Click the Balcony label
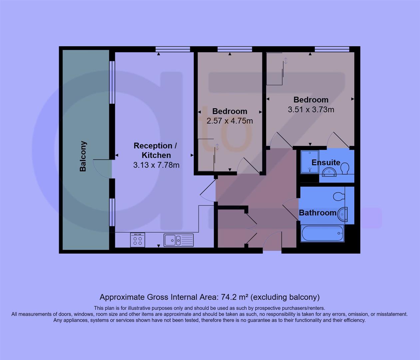point(83,156)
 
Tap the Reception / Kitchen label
point(156,150)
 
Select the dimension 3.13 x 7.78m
point(156,165)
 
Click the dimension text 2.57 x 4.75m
point(229,121)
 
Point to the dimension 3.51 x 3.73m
point(311,109)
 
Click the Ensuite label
point(326,162)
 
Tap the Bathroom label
point(317,213)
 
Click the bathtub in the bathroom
point(322,233)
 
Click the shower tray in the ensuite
point(310,162)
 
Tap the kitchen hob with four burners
point(138,240)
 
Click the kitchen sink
point(178,240)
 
